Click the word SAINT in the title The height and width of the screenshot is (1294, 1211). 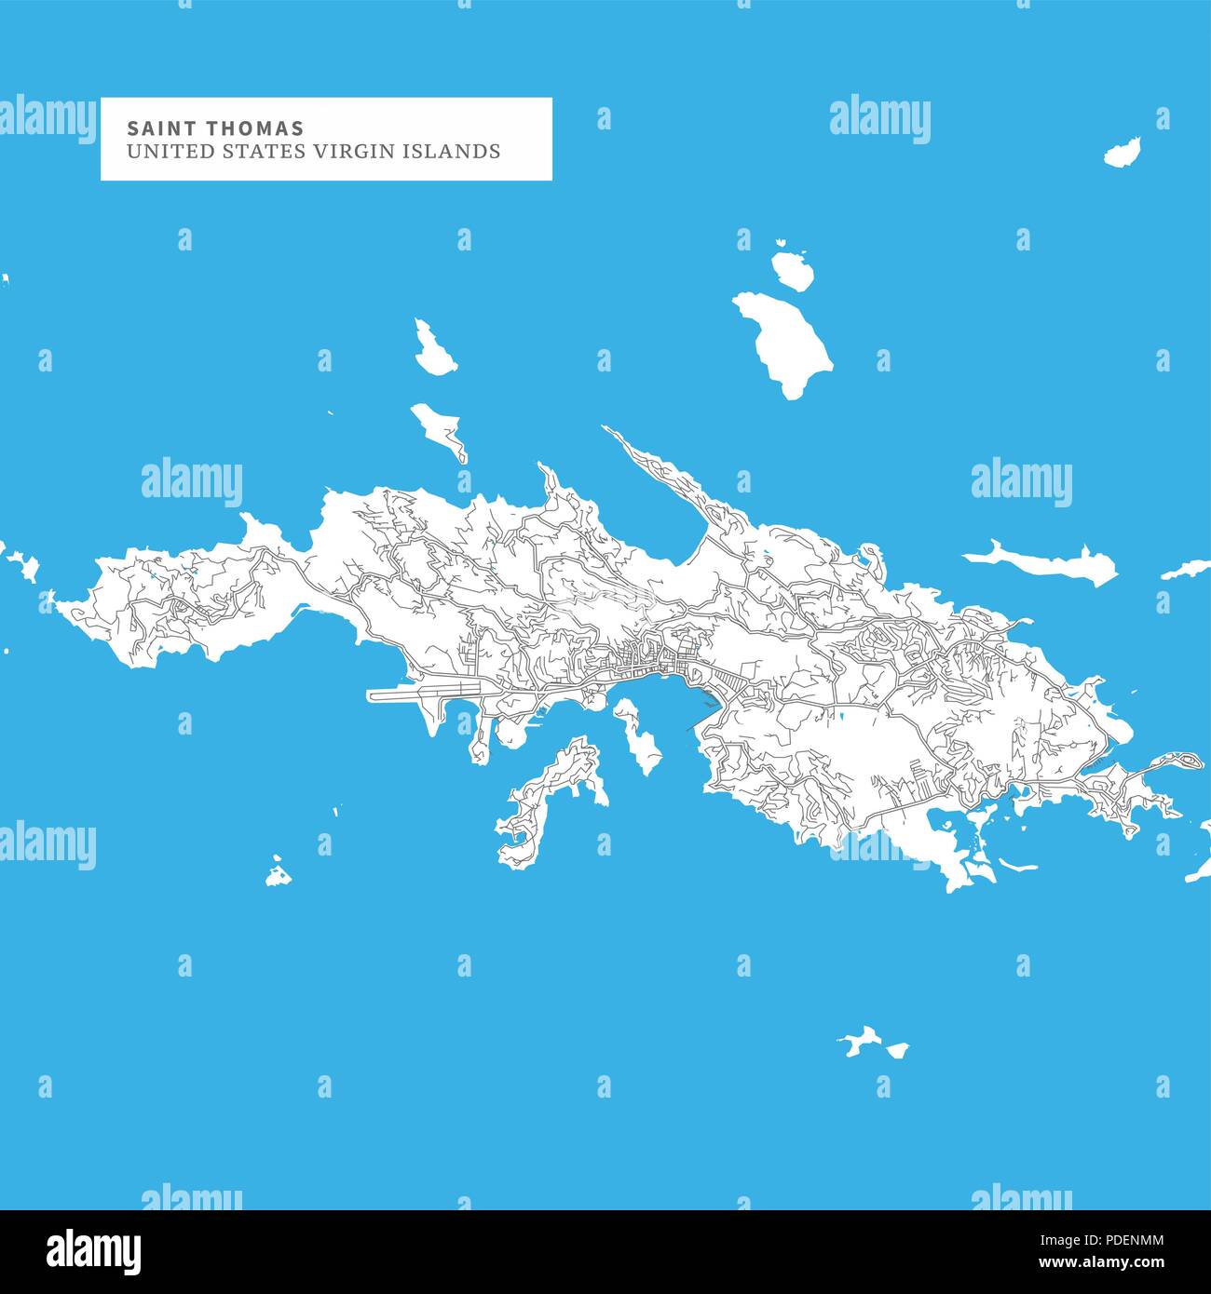point(149,128)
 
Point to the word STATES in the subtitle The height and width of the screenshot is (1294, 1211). point(254,152)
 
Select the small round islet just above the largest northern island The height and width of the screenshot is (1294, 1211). point(793,269)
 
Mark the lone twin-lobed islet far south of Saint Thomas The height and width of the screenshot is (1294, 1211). point(872,1044)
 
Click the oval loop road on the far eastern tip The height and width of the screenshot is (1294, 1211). point(1185,761)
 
